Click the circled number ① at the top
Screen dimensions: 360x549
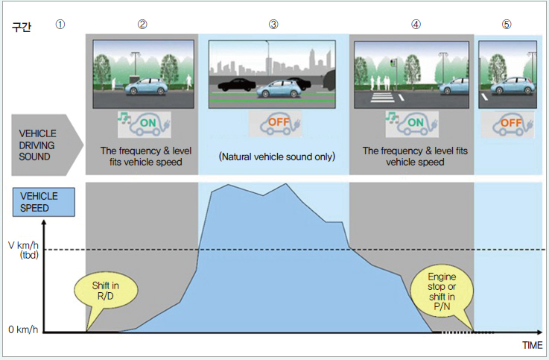60,24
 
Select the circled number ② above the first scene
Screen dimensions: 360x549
142,24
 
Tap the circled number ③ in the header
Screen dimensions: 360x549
273,24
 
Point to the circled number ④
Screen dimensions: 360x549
415,24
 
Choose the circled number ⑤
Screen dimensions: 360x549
507,24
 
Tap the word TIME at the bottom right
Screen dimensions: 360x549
532,346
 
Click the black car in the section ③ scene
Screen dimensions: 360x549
238,85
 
